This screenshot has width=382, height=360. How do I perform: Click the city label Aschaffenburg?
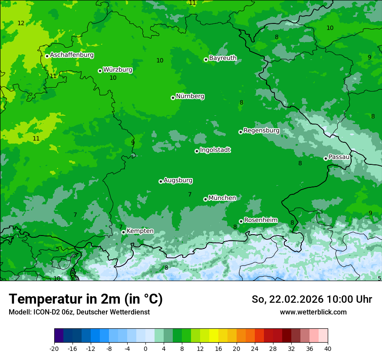tap(72, 55)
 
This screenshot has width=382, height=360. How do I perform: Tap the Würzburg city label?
tap(118, 69)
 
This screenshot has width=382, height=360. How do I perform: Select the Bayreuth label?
tap(223, 58)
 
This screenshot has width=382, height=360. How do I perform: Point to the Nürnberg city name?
tap(190, 96)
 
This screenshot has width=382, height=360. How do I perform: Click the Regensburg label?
tap(261, 131)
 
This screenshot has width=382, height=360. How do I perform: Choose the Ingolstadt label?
tap(215, 150)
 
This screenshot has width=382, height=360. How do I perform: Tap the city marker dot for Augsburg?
tap(161, 181)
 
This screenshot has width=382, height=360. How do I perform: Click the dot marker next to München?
tap(205, 199)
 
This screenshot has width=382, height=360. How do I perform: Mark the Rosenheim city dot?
tap(241, 221)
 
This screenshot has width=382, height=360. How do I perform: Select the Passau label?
tap(339, 157)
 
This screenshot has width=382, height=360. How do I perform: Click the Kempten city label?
tap(140, 231)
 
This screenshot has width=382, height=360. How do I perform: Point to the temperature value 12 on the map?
tap(21, 23)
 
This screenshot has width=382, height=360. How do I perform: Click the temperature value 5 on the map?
tap(379, 278)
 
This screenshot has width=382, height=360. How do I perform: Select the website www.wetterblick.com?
tap(313, 312)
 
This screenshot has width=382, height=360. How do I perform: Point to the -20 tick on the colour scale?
tap(54, 348)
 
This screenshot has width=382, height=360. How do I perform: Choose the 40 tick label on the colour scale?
tap(327, 348)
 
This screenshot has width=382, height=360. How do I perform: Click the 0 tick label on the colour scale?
tap(145, 348)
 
